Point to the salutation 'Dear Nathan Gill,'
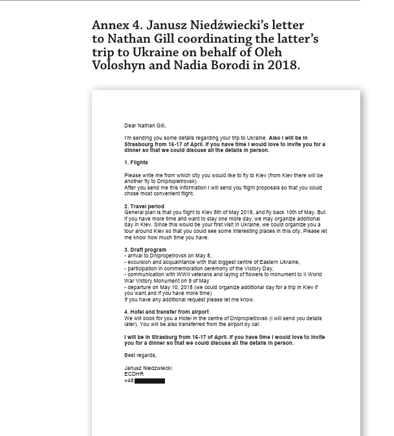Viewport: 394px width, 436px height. tap(145, 125)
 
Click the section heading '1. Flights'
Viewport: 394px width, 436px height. tap(136, 162)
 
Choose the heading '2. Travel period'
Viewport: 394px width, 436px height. tap(144, 206)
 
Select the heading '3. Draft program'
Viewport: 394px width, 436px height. tap(145, 250)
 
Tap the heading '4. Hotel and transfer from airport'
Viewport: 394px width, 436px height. tap(166, 312)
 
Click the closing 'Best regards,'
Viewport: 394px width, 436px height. tap(140, 355)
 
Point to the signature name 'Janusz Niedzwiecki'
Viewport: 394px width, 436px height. tap(148, 368)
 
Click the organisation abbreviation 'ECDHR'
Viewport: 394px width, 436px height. tap(133, 374)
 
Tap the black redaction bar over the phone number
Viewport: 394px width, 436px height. tap(149, 381)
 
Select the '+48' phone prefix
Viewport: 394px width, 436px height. tap(129, 380)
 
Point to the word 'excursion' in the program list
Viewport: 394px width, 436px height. tap(139, 262)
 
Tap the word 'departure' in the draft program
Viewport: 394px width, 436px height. tap(140, 287)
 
